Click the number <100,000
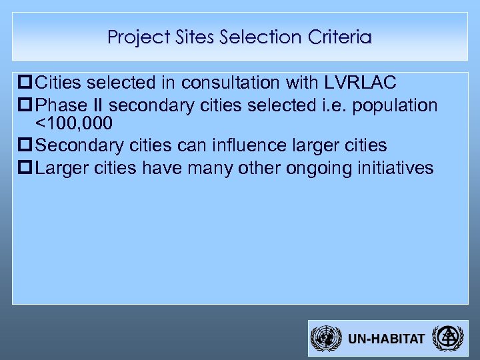(x=74, y=124)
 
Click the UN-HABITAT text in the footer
(x=386, y=339)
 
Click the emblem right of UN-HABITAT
(x=445, y=338)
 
